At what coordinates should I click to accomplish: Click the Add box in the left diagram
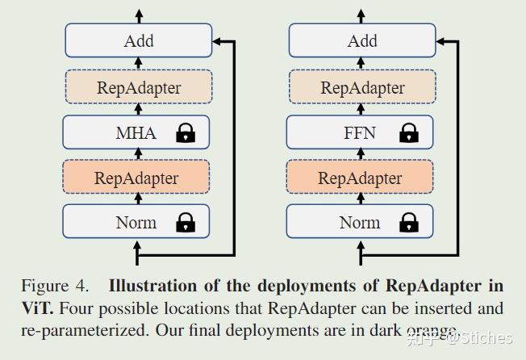click(138, 40)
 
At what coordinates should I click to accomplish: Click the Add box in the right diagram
click(361, 40)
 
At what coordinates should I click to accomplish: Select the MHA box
click(136, 132)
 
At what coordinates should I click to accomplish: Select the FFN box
click(360, 132)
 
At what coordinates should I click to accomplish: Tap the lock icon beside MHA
click(186, 133)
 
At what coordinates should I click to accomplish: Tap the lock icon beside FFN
click(410, 133)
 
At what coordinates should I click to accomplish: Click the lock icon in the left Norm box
click(186, 222)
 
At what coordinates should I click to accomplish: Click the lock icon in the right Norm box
click(410, 222)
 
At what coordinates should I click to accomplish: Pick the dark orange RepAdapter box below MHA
click(136, 177)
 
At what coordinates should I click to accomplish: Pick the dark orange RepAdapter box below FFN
click(360, 177)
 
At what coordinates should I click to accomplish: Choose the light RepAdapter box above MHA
click(138, 87)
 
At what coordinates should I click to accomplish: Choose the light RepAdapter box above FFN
click(361, 87)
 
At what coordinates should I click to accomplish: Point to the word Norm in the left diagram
click(135, 222)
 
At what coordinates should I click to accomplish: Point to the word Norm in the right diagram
click(359, 222)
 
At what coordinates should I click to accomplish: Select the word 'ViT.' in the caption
click(38, 308)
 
